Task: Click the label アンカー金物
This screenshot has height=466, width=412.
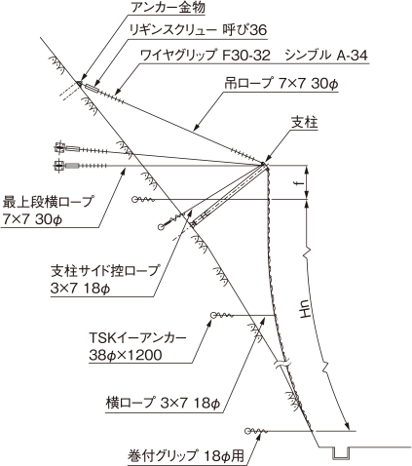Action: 168,7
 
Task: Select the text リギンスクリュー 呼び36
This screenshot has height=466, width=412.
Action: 198,30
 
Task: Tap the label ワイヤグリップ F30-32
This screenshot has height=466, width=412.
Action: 205,56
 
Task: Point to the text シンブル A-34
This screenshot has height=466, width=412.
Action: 326,56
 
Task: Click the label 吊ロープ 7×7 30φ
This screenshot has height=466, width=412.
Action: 281,84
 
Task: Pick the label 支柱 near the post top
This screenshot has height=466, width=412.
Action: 304,123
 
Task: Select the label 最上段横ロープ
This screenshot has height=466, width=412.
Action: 48,202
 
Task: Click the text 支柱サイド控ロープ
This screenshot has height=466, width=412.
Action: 105,270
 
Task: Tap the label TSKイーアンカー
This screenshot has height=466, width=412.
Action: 138,338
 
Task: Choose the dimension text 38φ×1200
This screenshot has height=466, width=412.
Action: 126,355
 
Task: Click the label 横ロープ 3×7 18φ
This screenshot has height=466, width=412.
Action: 163,404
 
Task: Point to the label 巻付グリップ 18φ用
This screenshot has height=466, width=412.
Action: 186,455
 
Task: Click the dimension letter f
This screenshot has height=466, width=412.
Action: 301,182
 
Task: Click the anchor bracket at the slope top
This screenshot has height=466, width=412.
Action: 79,83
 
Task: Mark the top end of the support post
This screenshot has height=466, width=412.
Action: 264,164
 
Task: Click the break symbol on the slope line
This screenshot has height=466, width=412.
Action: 281,364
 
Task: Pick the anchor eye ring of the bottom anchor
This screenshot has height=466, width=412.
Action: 248,431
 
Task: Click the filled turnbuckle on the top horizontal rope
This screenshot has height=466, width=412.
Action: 73,166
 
